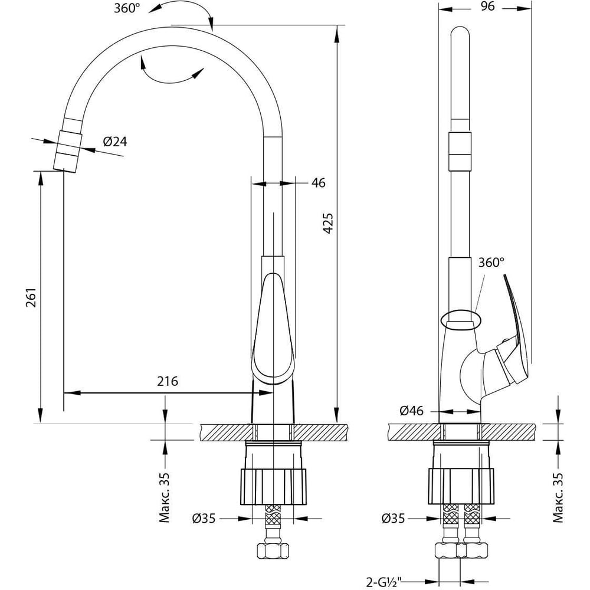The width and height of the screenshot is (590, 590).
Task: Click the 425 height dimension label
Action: click(x=328, y=224)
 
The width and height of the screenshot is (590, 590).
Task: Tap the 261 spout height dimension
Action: click(x=32, y=297)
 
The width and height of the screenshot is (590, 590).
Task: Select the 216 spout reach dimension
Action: click(x=168, y=381)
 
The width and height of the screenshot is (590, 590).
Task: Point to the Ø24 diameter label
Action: click(x=115, y=142)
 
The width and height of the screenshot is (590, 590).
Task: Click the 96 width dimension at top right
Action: click(x=488, y=6)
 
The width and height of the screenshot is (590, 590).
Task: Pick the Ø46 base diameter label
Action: click(x=411, y=411)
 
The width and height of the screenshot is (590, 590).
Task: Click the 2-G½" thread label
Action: click(x=384, y=582)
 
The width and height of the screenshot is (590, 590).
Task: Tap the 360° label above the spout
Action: click(x=127, y=8)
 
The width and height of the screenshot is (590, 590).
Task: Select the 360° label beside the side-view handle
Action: click(x=491, y=263)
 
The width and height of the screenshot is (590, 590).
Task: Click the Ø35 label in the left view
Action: click(x=204, y=519)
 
